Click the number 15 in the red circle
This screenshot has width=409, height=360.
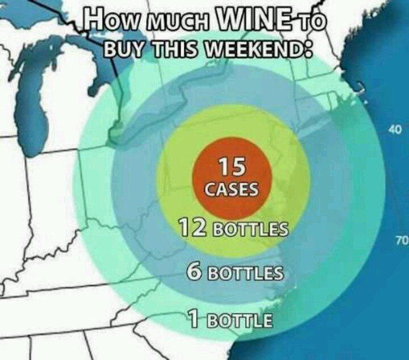coord(232,167)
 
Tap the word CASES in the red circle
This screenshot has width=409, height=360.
coord(232,189)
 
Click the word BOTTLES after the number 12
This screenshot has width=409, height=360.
coord(251,230)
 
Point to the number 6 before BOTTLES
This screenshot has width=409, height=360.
coord(194,271)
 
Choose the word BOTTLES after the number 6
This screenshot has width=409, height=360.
coord(245,273)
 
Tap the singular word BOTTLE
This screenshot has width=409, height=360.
coord(237,320)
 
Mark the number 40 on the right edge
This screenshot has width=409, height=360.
coord(395,130)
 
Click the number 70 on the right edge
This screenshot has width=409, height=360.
coord(401,241)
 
